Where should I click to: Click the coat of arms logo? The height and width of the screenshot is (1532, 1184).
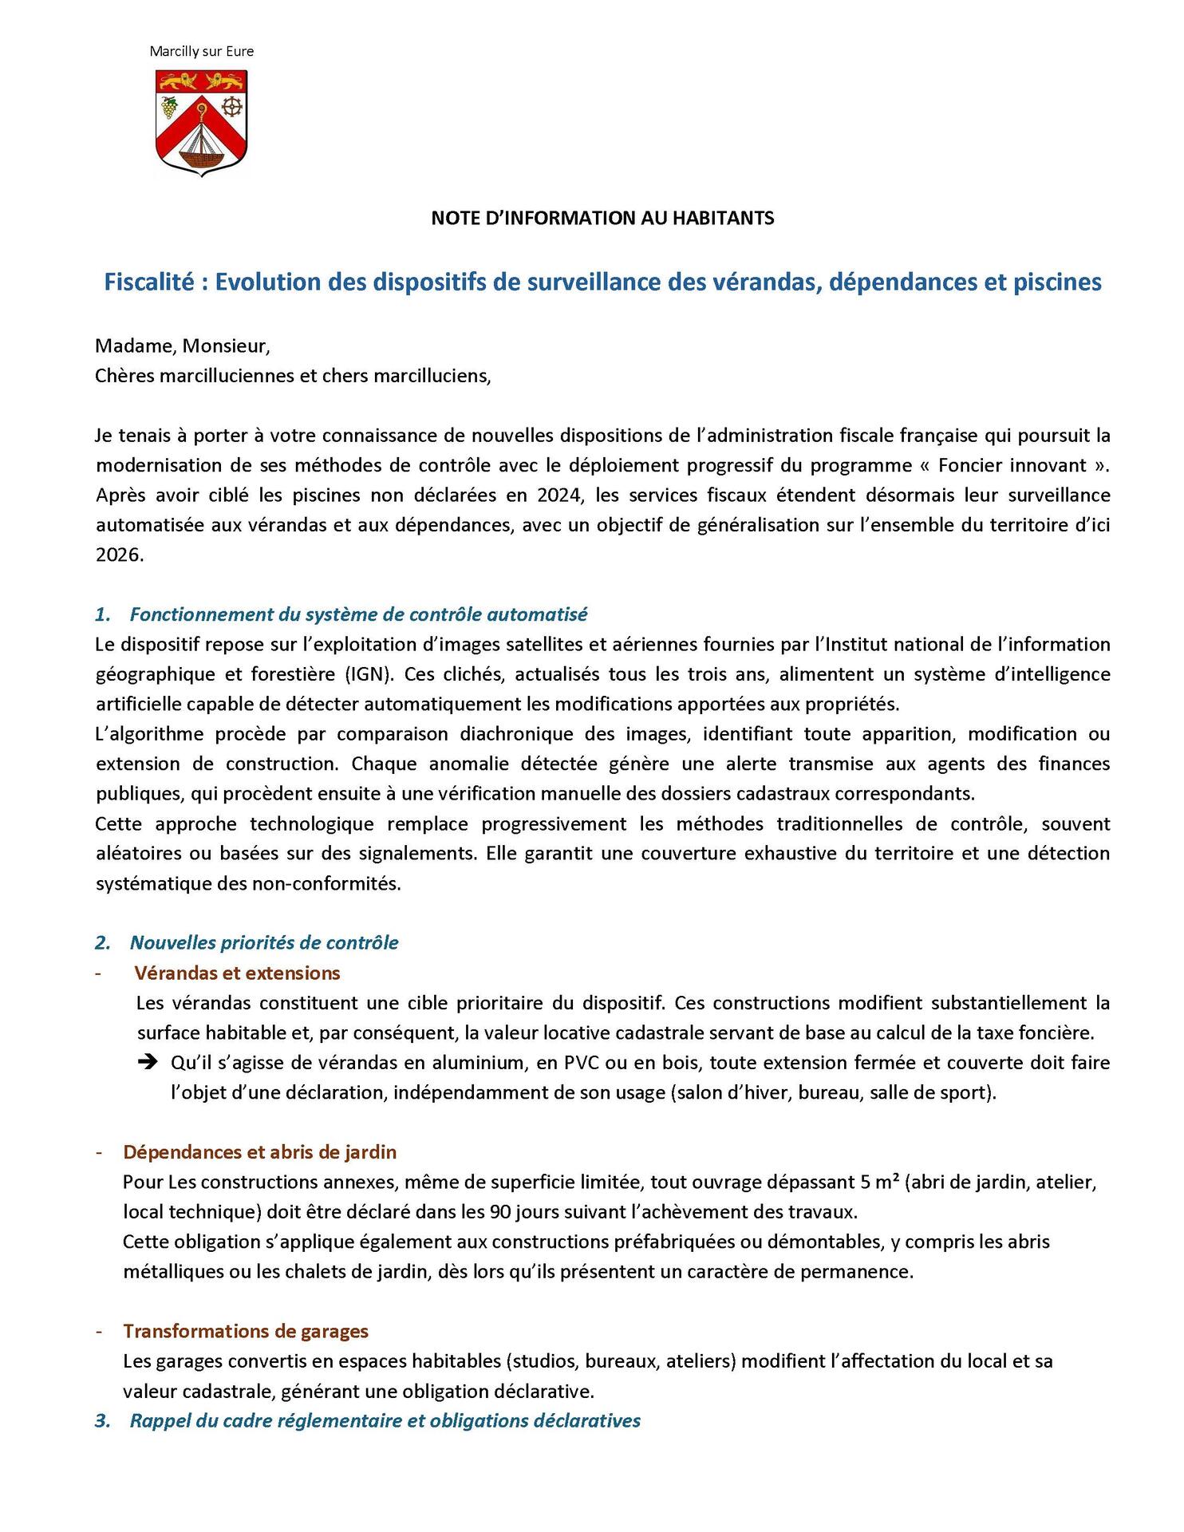coord(201,122)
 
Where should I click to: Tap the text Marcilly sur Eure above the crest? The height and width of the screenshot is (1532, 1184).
coord(201,52)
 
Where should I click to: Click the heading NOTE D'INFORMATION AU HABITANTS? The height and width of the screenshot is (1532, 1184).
coord(602,219)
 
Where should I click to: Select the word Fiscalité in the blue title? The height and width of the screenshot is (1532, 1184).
coord(149,282)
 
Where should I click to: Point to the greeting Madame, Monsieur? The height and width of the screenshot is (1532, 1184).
coord(183,346)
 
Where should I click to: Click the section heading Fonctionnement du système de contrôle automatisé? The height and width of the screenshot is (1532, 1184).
coord(358,614)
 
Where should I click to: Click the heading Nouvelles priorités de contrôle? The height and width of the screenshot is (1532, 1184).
coord(264,943)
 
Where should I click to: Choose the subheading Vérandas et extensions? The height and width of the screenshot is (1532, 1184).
coord(237,973)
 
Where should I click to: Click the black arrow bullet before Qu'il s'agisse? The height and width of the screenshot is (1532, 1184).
coord(148,1063)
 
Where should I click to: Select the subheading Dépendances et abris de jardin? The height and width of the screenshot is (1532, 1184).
coord(259,1152)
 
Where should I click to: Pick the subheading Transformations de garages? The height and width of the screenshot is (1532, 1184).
coord(246,1331)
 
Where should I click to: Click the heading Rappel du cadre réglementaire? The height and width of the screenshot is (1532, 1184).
coord(385,1420)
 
